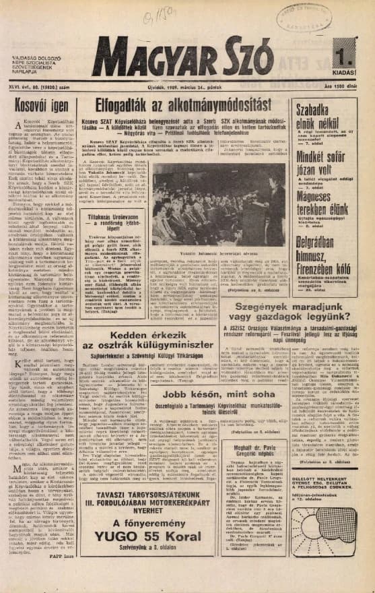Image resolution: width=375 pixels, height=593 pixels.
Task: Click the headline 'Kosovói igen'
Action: pos(40,106)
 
